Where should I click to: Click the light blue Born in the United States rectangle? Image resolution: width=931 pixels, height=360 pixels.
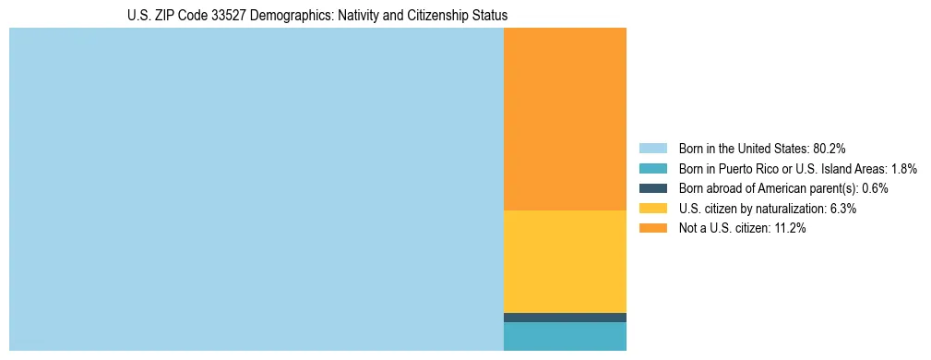pyautogui.click(x=256, y=189)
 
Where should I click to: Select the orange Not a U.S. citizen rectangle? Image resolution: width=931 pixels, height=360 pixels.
pyautogui.click(x=565, y=119)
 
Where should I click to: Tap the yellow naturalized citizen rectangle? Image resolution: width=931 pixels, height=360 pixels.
pyautogui.click(x=565, y=261)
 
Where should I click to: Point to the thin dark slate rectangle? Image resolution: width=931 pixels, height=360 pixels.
pyautogui.click(x=565, y=317)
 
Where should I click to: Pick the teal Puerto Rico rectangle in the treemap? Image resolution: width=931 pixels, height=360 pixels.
pyautogui.click(x=565, y=336)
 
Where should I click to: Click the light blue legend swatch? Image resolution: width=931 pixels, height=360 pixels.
pyautogui.click(x=653, y=148)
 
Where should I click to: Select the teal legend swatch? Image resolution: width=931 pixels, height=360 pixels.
pyautogui.click(x=653, y=168)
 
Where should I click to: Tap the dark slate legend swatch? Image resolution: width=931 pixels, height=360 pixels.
pyautogui.click(x=653, y=188)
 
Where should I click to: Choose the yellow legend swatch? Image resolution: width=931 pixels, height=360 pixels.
pyautogui.click(x=653, y=209)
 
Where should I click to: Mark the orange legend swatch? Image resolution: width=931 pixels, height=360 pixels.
pyautogui.click(x=653, y=229)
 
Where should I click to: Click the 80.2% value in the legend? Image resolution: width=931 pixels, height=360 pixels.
pyautogui.click(x=830, y=148)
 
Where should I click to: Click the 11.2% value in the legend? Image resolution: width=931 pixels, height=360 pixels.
pyautogui.click(x=790, y=229)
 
